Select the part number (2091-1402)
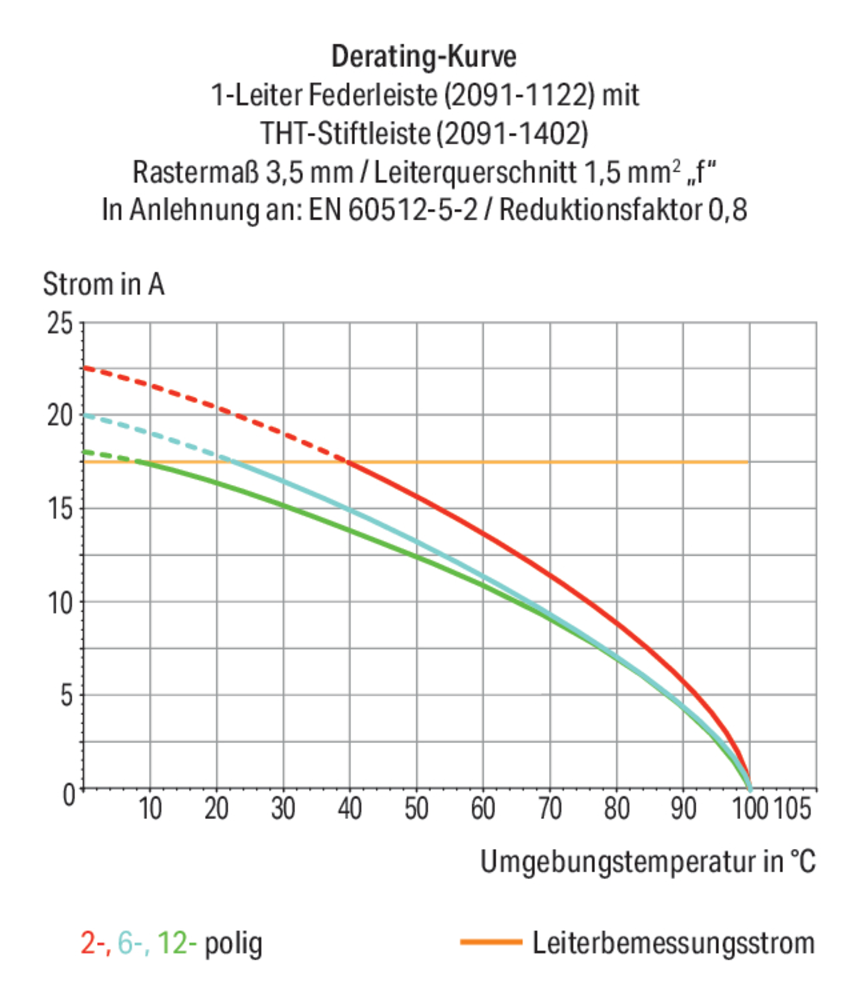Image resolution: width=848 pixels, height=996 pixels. point(512,134)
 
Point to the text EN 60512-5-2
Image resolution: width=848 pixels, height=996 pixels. point(393,210)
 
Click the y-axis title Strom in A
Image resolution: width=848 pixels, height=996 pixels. point(103,284)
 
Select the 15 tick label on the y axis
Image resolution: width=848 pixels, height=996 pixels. point(60,508)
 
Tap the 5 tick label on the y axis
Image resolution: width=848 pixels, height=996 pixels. point(67,696)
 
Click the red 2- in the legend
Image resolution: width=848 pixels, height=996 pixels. point(95,944)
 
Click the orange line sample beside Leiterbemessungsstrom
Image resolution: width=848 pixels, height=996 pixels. point(491,942)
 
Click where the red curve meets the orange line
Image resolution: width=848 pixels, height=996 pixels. point(347,462)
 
